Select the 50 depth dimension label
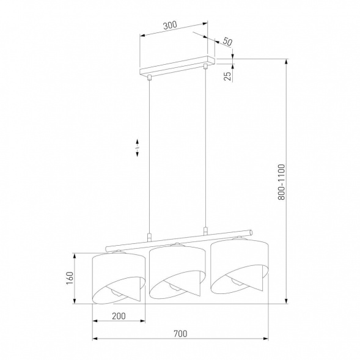pos(227,42)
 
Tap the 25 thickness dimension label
pos(227,76)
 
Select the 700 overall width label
pos(180,334)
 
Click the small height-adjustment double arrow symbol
pos(138,148)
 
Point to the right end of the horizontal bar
pos(250,232)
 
